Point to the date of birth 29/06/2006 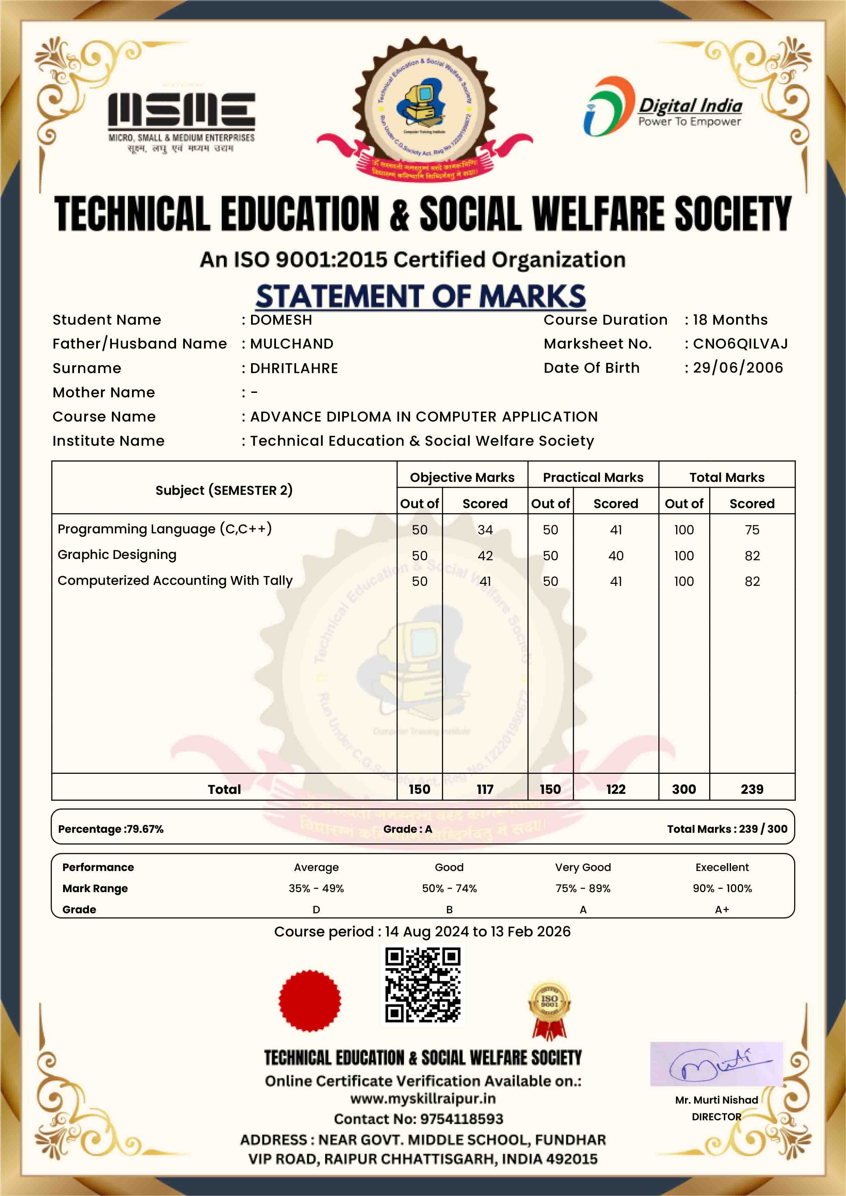coord(738,368)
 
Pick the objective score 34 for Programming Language coord(485,530)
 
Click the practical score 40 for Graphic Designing coord(616,556)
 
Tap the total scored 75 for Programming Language coord(752,530)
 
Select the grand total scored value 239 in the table coord(752,789)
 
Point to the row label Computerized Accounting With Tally coord(175,580)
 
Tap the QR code coord(422,985)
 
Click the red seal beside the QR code coord(310,1000)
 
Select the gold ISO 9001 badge coord(549,1009)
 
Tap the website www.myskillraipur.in coord(422,1098)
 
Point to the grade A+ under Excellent coord(721,910)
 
